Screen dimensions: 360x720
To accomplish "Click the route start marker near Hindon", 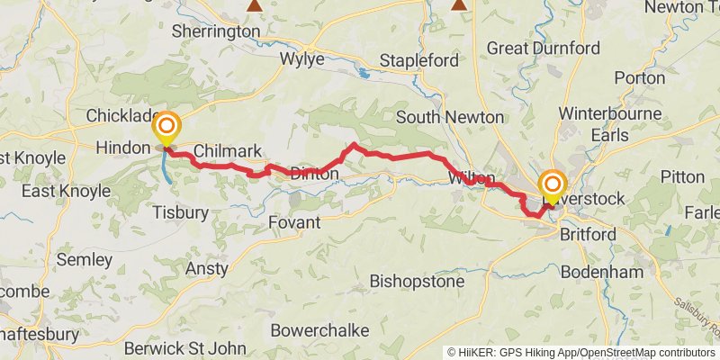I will tap(167, 127).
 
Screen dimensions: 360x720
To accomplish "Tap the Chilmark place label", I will tap(227, 150).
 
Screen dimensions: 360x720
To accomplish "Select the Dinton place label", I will tap(314, 174).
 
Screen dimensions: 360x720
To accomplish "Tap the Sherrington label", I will tap(215, 31).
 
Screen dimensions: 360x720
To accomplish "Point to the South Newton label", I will tap(450, 117).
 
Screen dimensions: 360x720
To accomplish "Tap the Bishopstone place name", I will tap(417, 282).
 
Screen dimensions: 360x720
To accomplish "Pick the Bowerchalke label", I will tap(319, 330).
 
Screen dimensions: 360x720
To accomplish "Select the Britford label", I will tap(588, 234).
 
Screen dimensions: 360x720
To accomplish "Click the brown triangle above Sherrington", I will tap(256, 5).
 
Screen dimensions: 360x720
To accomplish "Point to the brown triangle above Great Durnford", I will tap(460, 5).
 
